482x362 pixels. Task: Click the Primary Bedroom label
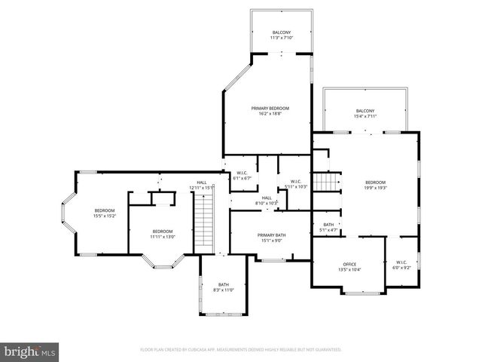pos(270,109)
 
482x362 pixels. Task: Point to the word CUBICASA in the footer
pos(206,350)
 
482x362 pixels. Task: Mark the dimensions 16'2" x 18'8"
pos(270,113)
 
